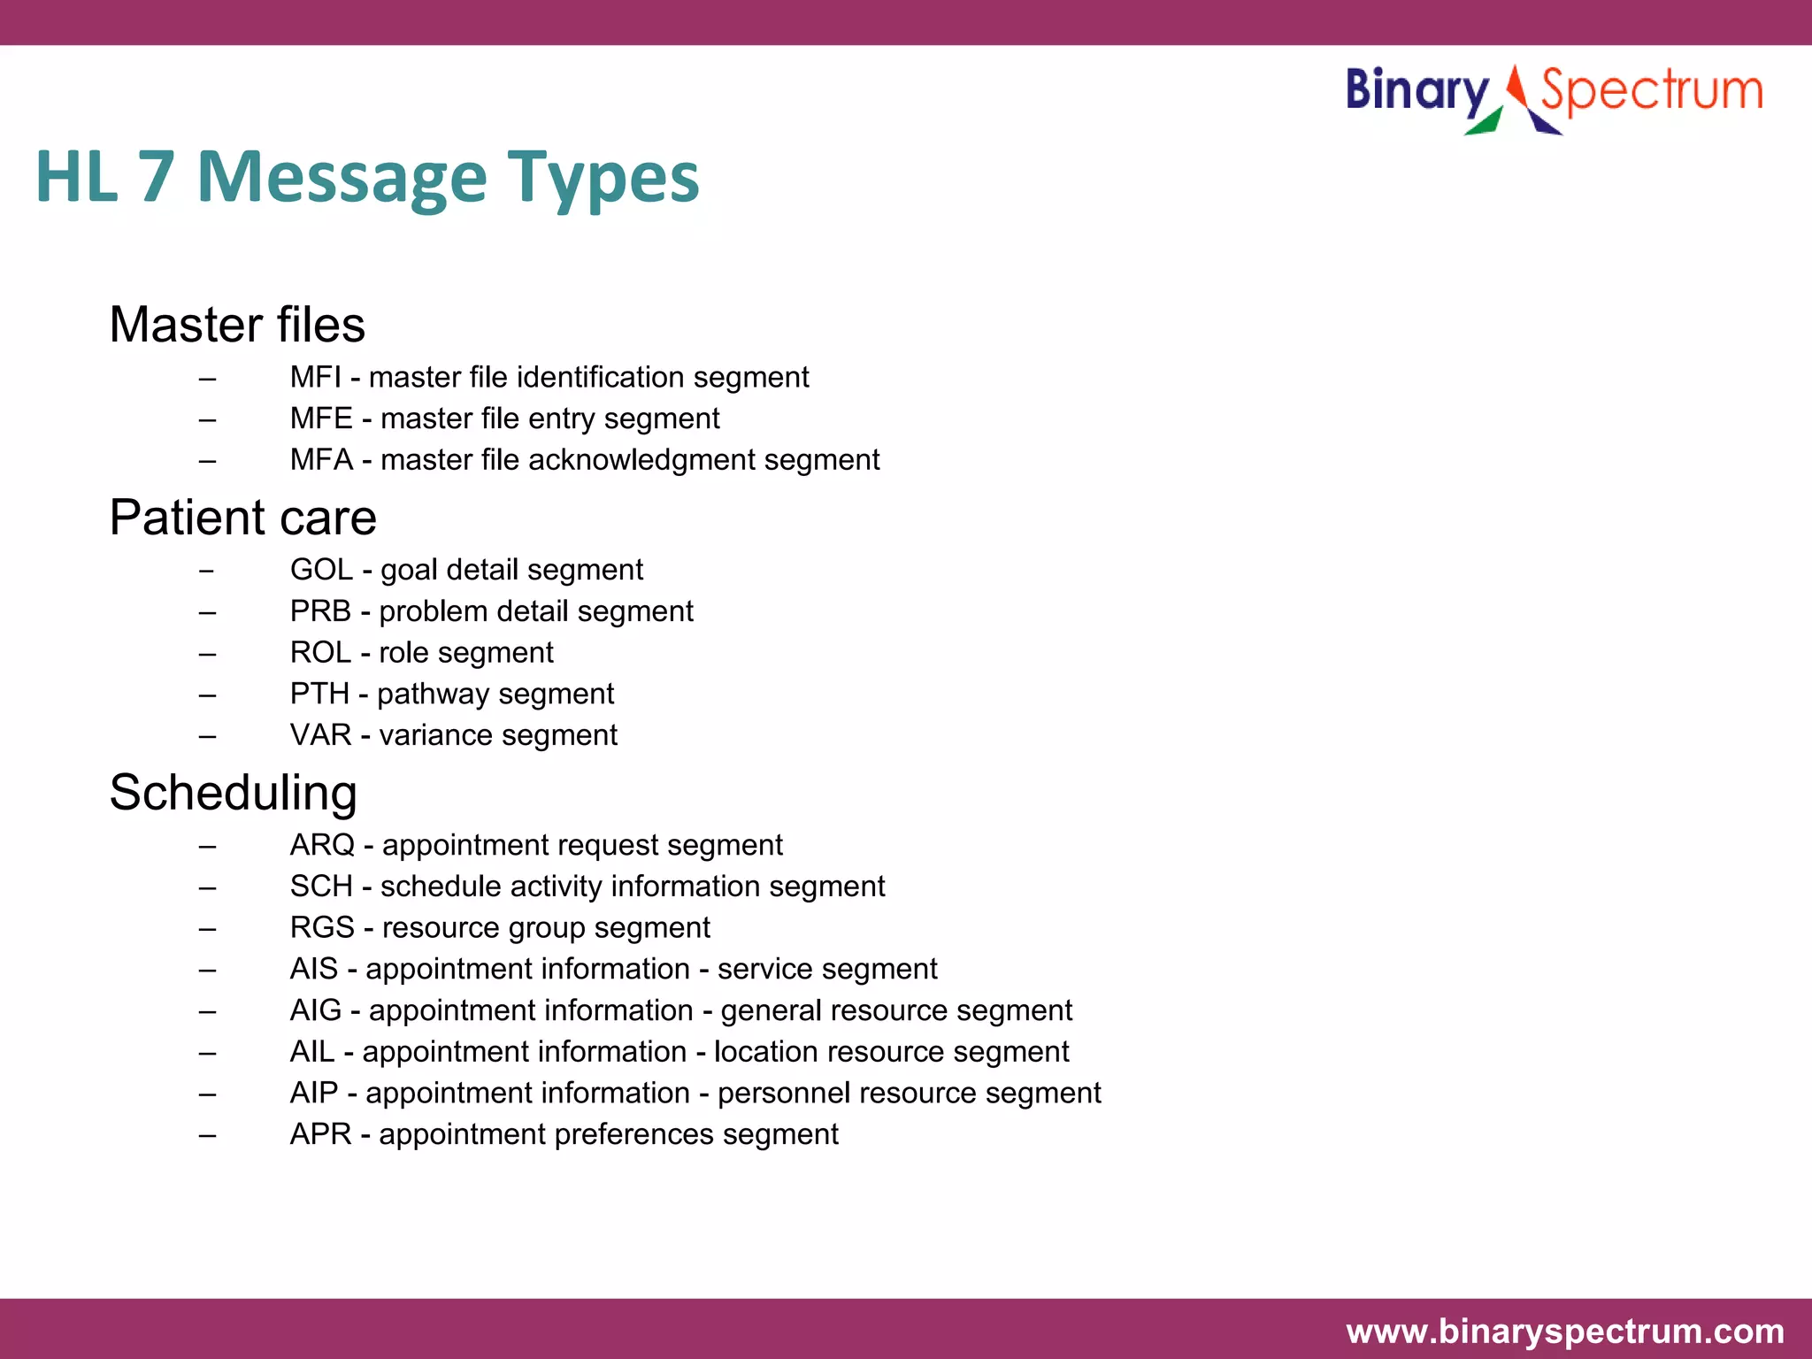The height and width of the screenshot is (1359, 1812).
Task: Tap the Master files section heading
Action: (237, 325)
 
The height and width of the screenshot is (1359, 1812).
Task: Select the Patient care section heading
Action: (242, 518)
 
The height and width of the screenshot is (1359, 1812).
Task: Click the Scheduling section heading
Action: (233, 793)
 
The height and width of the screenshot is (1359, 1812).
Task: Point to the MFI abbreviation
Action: (315, 378)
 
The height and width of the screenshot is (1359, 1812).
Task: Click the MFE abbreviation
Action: (321, 418)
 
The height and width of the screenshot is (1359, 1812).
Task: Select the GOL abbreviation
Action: (321, 570)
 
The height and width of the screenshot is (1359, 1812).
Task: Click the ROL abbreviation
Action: (320, 653)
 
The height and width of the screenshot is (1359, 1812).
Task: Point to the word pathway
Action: (430, 695)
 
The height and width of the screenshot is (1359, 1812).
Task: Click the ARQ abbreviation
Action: (322, 845)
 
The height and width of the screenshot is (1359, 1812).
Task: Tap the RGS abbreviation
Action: (322, 928)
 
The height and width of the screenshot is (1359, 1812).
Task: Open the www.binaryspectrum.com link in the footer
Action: (1564, 1332)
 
